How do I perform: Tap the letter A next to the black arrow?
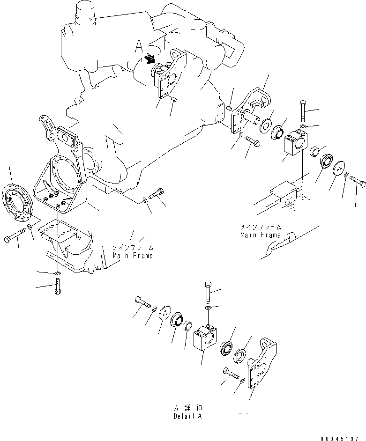pos(138,46)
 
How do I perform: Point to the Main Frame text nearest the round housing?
pos(133,256)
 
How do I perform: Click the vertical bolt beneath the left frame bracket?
pos(57,287)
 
